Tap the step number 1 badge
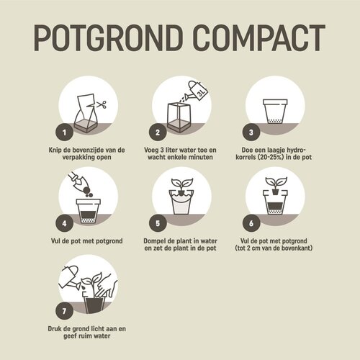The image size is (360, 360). point(65,132)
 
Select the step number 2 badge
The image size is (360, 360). point(157,132)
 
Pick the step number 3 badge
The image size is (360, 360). point(251,132)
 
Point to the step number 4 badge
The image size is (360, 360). point(65,224)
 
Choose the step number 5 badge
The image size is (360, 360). point(157,224)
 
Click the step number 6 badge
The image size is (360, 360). point(251,224)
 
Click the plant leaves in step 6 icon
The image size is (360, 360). point(273,181)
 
